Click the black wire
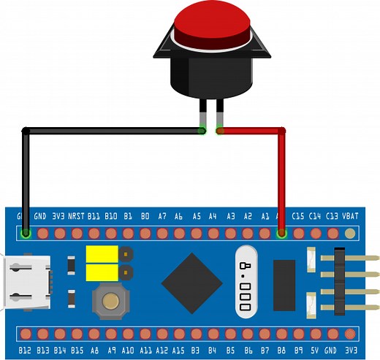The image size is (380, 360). click(110, 131)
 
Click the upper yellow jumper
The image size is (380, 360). click(102, 255)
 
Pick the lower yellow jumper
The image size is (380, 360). click(102, 272)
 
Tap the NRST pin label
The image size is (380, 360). click(76, 216)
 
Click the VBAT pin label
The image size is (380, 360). click(351, 216)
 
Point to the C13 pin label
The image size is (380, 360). click(332, 216)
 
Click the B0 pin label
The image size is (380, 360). click(145, 216)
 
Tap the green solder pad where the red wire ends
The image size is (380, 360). click(282, 234)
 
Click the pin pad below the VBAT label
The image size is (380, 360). click(351, 234)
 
